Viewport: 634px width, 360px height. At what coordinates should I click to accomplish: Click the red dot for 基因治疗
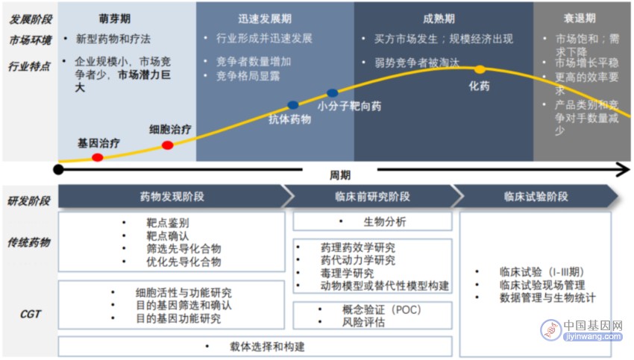(x=98, y=157)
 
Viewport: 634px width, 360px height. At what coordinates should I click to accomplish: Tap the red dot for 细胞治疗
(x=167, y=145)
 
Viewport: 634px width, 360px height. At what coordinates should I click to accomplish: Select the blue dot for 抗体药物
(x=293, y=105)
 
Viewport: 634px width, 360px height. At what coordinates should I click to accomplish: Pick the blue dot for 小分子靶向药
(x=333, y=93)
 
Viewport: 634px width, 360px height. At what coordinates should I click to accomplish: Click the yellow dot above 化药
(x=480, y=69)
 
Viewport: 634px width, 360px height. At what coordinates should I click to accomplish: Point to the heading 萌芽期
(x=115, y=19)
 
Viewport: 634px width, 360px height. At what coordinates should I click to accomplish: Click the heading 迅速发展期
(x=265, y=19)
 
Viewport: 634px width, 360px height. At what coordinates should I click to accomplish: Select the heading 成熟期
(x=439, y=19)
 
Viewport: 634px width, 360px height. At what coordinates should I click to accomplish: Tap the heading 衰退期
(x=580, y=18)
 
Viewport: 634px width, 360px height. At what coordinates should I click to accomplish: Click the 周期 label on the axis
(x=340, y=175)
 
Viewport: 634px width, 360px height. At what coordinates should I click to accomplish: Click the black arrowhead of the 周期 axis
(x=623, y=170)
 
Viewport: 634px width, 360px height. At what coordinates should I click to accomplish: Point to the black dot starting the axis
(x=59, y=170)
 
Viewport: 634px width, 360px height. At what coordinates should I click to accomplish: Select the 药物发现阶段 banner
(x=172, y=196)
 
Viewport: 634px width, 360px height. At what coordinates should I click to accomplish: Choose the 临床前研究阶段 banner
(x=372, y=196)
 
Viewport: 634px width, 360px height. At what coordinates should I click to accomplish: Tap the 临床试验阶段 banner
(x=536, y=196)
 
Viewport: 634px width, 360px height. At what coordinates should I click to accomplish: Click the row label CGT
(x=31, y=314)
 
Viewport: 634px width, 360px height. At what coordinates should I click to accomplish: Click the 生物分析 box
(x=372, y=221)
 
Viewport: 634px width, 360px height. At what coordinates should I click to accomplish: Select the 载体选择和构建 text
(x=267, y=347)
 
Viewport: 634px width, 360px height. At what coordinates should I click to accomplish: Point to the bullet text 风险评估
(x=363, y=322)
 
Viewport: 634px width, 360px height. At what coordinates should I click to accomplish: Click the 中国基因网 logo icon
(x=550, y=330)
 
